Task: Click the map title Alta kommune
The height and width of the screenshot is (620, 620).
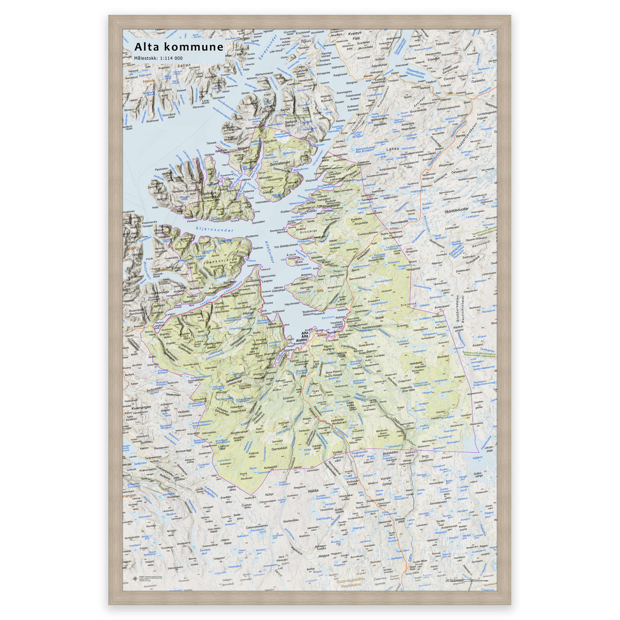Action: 179,47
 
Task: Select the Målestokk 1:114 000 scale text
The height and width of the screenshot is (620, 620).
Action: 158,58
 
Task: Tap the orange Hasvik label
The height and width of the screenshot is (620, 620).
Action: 149,81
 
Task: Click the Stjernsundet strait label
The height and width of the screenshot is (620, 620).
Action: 214,229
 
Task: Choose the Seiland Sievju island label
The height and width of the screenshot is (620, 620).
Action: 291,124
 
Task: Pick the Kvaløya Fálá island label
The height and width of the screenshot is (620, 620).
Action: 355,36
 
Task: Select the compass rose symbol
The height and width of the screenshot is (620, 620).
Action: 134,579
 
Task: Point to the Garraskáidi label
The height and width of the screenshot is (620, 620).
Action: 279,449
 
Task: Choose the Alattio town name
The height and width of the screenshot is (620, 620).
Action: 302,340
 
